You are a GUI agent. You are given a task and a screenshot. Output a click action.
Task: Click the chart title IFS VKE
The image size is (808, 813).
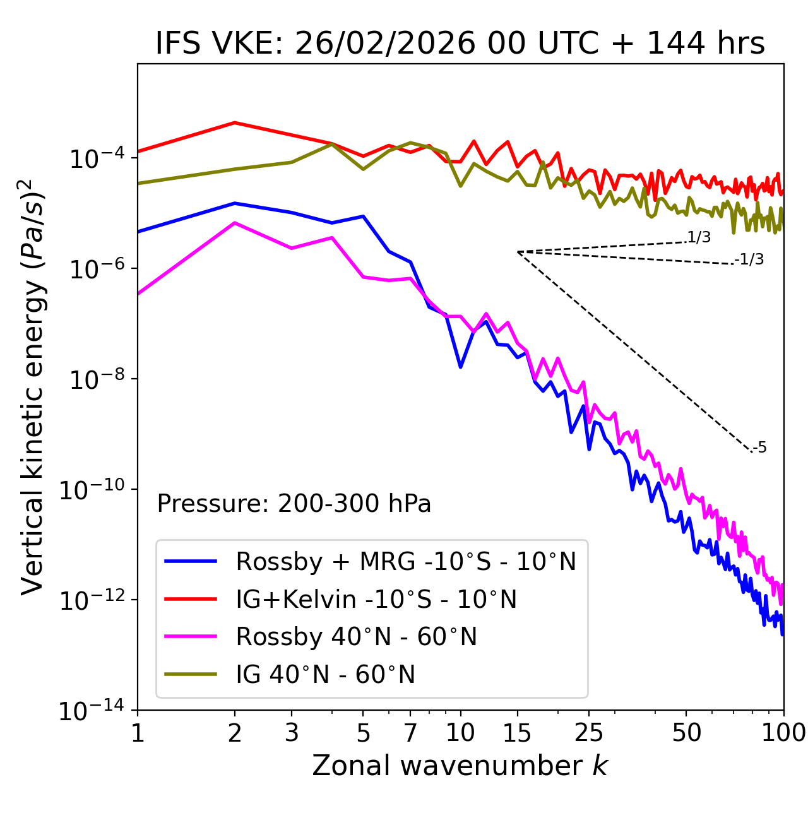coord(460,44)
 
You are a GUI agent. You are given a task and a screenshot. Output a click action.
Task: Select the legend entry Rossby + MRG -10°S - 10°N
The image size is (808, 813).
coord(405,561)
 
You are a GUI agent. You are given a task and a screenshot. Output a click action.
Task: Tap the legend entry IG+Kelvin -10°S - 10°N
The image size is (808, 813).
coord(376,599)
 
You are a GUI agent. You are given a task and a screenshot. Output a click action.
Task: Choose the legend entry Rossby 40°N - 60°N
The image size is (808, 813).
coord(356,637)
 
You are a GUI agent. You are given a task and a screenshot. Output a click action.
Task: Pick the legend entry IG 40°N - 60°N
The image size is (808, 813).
coord(325,675)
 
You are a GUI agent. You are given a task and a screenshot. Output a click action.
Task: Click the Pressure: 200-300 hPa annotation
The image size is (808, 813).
coord(294,504)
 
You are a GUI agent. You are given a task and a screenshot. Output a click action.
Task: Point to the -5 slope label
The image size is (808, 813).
coord(759,448)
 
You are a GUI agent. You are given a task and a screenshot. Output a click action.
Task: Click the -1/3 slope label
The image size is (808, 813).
coord(749,259)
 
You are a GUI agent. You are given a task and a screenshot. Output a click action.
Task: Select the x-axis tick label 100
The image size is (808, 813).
coord(783,733)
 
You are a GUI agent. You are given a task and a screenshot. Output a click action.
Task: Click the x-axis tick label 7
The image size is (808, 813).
coord(410,733)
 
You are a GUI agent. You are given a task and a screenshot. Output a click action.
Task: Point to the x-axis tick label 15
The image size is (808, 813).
coord(517,733)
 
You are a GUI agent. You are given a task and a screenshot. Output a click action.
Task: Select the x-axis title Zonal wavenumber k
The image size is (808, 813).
coord(460,766)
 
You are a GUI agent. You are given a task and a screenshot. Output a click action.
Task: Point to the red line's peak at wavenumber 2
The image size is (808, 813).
coord(235,122)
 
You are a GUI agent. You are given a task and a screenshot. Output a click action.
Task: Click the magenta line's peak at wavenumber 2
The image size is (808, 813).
coord(235,223)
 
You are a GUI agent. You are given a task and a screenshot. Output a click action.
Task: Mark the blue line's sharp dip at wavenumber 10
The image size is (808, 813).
coord(461,367)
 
